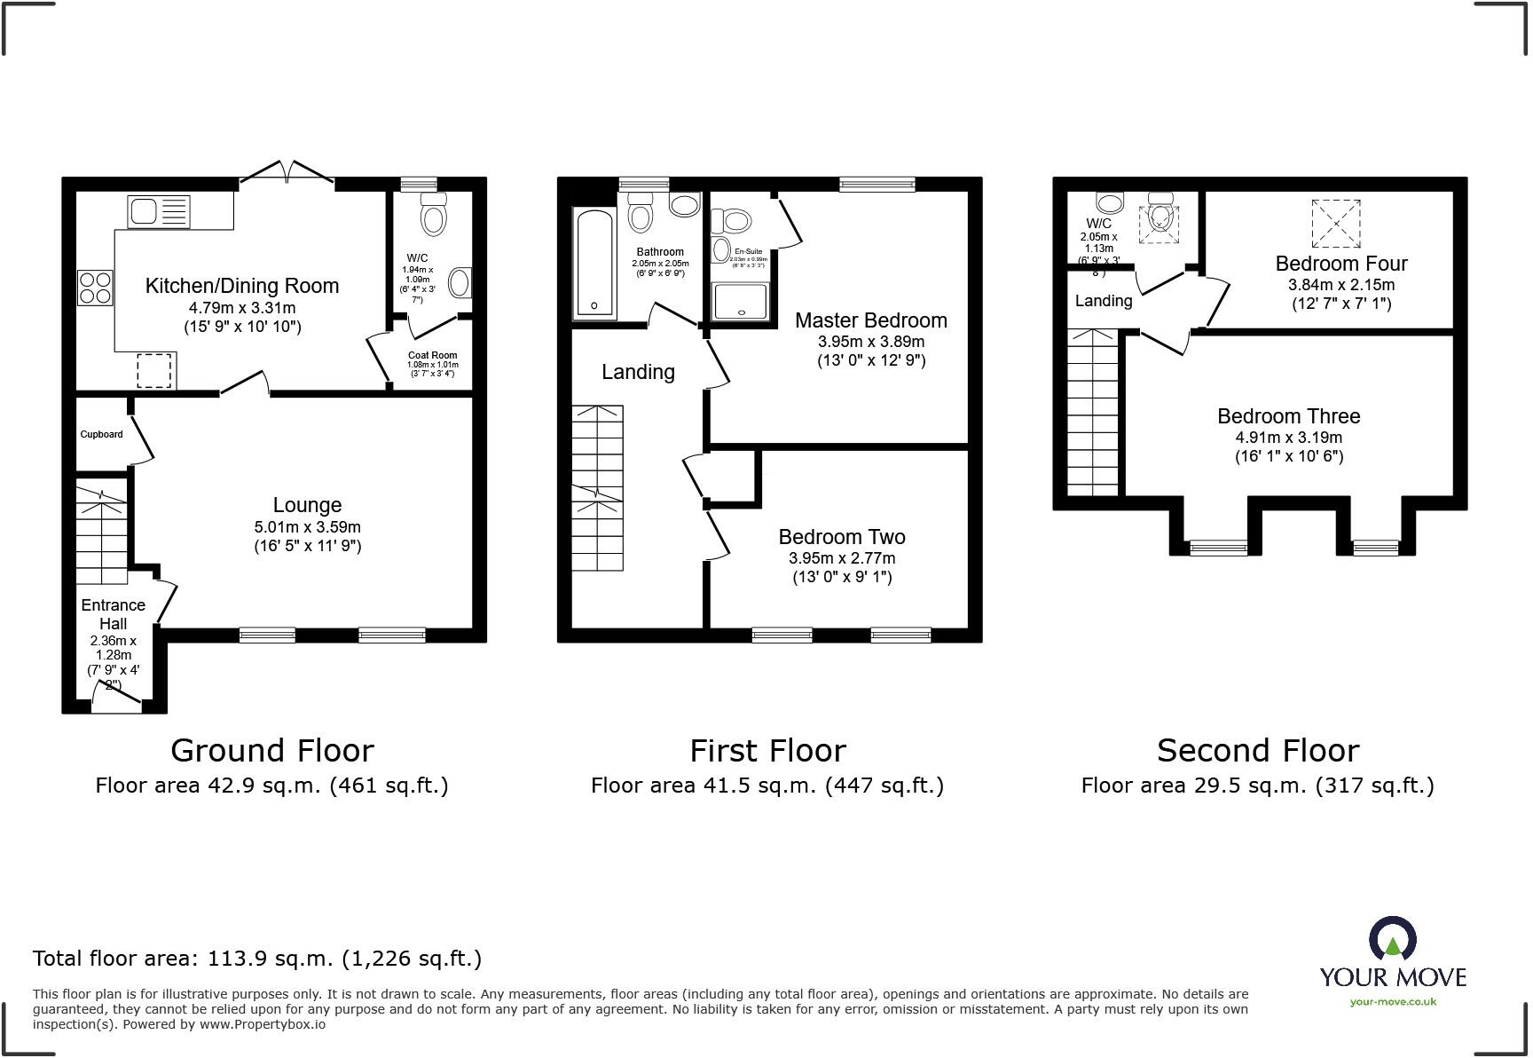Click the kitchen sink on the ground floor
(158, 211)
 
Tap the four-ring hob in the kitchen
(96, 287)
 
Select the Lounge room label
(307, 505)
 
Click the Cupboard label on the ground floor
(101, 434)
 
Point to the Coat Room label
(432, 355)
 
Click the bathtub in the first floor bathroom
(594, 264)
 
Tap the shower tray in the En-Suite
(740, 302)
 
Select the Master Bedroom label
(870, 320)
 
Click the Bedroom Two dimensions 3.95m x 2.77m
(841, 558)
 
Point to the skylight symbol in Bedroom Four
(1335, 223)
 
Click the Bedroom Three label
(1288, 416)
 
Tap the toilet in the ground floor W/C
(433, 214)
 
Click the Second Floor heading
(1257, 751)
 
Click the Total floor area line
(257, 959)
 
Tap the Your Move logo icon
(1393, 940)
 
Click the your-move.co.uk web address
(1392, 1002)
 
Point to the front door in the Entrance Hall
(116, 697)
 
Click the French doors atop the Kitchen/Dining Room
(286, 173)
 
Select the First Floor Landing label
(638, 372)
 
